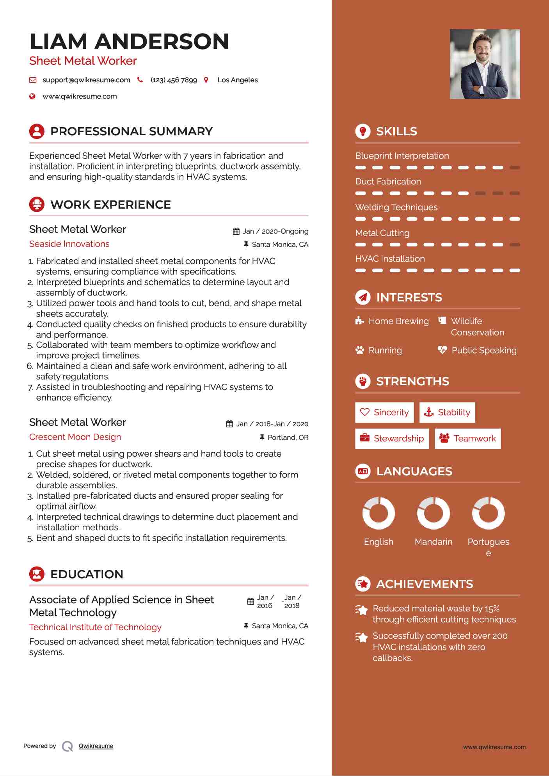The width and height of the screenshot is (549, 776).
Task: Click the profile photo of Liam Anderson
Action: coord(485,64)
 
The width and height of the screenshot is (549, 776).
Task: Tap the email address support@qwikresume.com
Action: coord(86,80)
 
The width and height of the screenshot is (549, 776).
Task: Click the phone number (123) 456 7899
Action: coord(174,80)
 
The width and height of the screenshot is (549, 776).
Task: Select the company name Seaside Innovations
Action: coord(69,244)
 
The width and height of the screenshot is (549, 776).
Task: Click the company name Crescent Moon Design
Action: coord(75,437)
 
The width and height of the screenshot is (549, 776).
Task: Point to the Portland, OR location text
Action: coord(288,438)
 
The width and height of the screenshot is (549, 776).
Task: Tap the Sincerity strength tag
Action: coord(384,413)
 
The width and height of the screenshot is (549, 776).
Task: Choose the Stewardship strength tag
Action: coord(392,439)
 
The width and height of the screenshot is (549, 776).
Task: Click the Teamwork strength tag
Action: coord(467,439)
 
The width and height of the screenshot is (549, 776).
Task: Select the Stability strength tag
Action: coord(447,413)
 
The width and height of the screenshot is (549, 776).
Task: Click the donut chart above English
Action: coord(378,513)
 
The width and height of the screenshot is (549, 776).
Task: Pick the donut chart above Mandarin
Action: coord(434,513)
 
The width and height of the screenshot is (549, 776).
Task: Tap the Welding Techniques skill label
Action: coord(396,207)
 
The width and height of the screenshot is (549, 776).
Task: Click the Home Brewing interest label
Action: coord(398,321)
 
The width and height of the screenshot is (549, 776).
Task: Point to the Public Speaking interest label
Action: coord(484,351)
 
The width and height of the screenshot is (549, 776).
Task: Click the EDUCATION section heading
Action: coord(87,574)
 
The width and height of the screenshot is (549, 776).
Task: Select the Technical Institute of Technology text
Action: coord(95,627)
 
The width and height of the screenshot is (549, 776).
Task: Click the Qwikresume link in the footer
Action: coord(96,746)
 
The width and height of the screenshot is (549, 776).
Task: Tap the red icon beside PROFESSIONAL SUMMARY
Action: coord(37,131)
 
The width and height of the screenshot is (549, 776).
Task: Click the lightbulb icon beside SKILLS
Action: coord(363,131)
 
